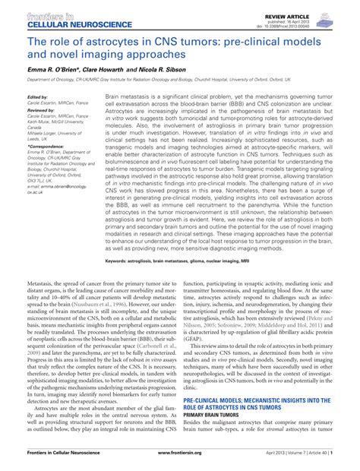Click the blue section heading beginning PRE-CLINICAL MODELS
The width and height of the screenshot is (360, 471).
[257, 400]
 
